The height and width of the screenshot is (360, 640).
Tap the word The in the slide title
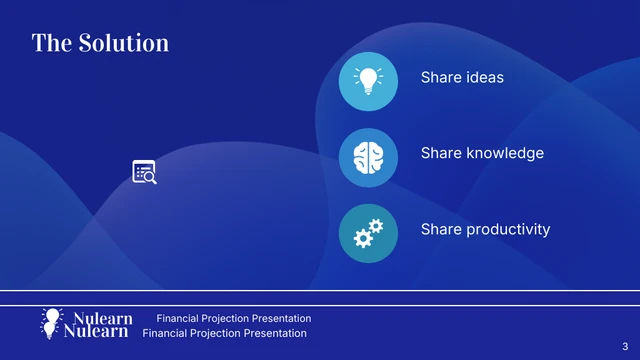tap(49, 43)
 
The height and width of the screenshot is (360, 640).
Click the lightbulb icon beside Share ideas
tap(369, 81)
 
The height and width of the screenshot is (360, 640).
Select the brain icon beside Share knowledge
tap(369, 157)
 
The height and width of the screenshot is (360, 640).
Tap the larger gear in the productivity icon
tap(364, 238)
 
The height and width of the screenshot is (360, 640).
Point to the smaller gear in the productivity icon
tap(377, 226)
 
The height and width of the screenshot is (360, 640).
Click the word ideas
tap(484, 77)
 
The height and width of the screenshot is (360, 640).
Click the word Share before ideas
tap(440, 77)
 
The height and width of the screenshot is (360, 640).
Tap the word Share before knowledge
tap(440, 153)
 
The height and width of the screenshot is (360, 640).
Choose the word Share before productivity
tap(440, 230)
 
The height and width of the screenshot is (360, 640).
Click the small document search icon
tap(144, 172)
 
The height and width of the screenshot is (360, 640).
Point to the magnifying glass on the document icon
tap(149, 177)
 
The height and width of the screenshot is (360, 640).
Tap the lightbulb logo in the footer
tap(51, 322)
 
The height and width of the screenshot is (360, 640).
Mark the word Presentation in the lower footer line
tap(272, 333)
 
